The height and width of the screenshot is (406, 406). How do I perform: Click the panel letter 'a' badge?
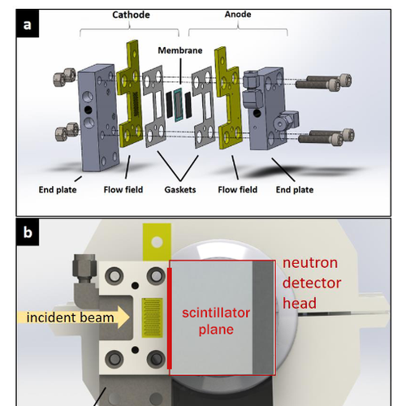pyautogui.click(x=28, y=24)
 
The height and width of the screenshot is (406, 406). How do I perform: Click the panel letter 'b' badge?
pyautogui.click(x=28, y=232)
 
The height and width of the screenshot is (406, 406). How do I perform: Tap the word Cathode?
pyautogui.click(x=131, y=15)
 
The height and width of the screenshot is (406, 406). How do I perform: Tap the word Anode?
pyautogui.click(x=238, y=14)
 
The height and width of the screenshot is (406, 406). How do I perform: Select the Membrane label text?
pyautogui.click(x=180, y=50)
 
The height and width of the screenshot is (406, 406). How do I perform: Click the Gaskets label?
pyautogui.click(x=180, y=189)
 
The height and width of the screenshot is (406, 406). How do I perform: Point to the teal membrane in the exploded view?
pyautogui.click(x=178, y=105)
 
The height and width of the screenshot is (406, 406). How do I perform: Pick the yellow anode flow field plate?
pyautogui.click(x=228, y=98)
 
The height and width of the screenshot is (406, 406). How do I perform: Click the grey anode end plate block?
pyautogui.click(x=266, y=109)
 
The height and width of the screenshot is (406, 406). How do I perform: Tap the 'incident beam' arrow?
pyautogui.click(x=74, y=317)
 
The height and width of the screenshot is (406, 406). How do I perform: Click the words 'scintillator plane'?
pyautogui.click(x=216, y=321)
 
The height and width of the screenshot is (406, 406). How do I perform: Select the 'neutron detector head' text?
pyautogui.click(x=312, y=283)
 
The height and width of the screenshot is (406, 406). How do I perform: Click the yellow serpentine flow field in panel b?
pyautogui.click(x=152, y=317)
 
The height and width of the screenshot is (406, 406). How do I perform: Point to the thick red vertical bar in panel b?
pyautogui.click(x=170, y=318)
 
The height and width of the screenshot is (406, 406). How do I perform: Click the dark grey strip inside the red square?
pyautogui.click(x=263, y=317)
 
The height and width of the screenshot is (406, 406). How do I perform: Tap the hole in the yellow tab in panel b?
pyautogui.click(x=157, y=242)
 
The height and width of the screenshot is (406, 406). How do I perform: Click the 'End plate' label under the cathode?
pyautogui.click(x=58, y=189)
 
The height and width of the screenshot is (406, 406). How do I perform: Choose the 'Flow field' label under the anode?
pyautogui.click(x=237, y=189)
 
